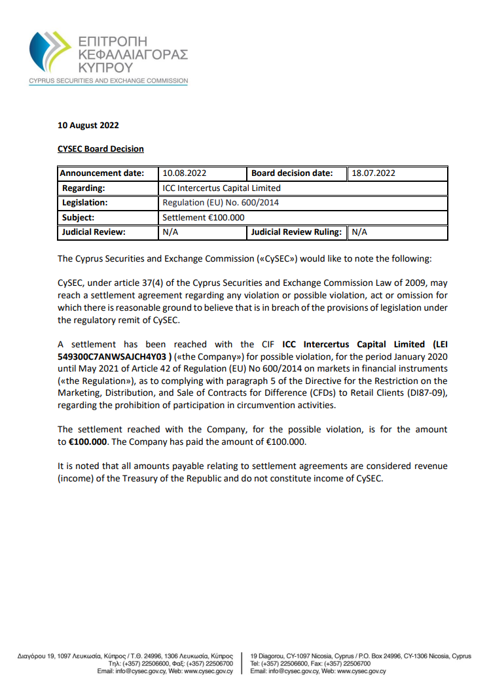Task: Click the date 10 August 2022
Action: coord(88,125)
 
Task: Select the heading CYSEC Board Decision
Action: coord(101,148)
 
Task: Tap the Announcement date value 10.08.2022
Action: coord(185,173)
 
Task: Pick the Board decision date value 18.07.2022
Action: coord(373,173)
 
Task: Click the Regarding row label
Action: coord(83,188)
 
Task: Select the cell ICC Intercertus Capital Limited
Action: coord(221,188)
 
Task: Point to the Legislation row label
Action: coord(84,203)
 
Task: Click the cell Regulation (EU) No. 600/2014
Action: coord(220,203)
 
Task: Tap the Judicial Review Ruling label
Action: coord(296,232)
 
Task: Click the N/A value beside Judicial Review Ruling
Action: coord(359,232)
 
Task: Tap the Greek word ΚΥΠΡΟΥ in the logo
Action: coord(105,67)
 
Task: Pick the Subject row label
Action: coord(78,217)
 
